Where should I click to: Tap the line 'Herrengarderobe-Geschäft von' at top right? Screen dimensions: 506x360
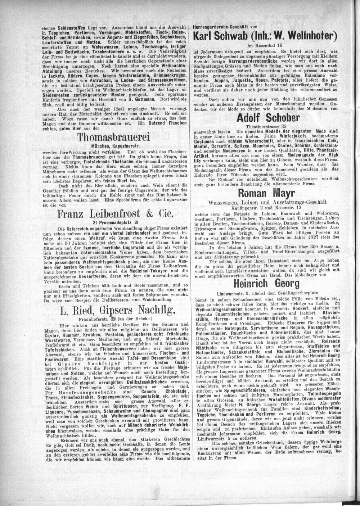tap(225, 26)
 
